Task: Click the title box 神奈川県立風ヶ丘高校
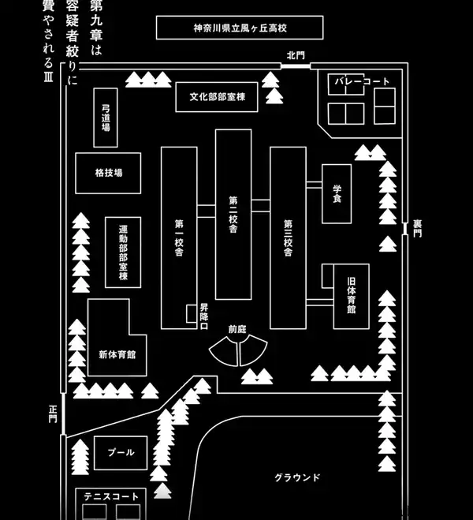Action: (x=240, y=28)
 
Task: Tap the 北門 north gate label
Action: (x=296, y=55)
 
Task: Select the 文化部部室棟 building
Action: (x=217, y=97)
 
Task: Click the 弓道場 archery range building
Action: (x=106, y=118)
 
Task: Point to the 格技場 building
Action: (x=108, y=173)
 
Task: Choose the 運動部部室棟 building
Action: (x=123, y=253)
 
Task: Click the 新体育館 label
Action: (x=117, y=354)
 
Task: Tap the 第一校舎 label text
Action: (x=179, y=238)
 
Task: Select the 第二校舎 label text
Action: (x=233, y=215)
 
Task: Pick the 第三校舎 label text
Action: (x=289, y=238)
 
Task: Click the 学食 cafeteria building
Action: (x=337, y=193)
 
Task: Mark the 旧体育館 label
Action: (x=352, y=295)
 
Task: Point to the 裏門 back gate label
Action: (x=417, y=229)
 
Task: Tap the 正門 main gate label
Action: (x=53, y=414)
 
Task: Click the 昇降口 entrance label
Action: (x=204, y=316)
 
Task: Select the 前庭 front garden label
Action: (x=237, y=329)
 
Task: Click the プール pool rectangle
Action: (x=121, y=453)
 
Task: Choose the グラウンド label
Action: (x=297, y=477)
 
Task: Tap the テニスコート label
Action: (x=111, y=496)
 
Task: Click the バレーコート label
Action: (x=362, y=81)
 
